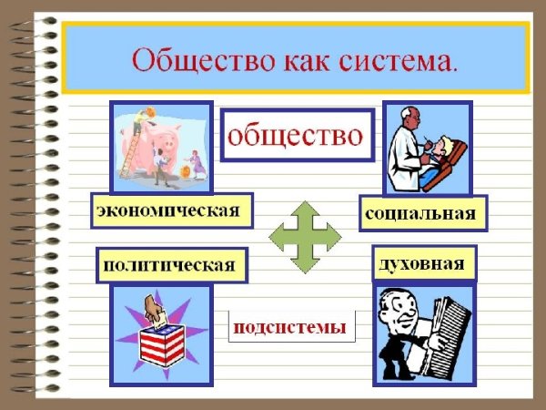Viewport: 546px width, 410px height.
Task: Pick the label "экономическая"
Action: click(x=170, y=210)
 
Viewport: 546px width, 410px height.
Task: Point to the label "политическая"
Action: click(x=171, y=265)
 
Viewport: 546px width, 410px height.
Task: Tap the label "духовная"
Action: click(x=424, y=263)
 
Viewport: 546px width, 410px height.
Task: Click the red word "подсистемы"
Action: click(x=290, y=326)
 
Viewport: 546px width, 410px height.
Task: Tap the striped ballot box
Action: click(x=161, y=343)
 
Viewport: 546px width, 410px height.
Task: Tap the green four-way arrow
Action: click(x=305, y=238)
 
